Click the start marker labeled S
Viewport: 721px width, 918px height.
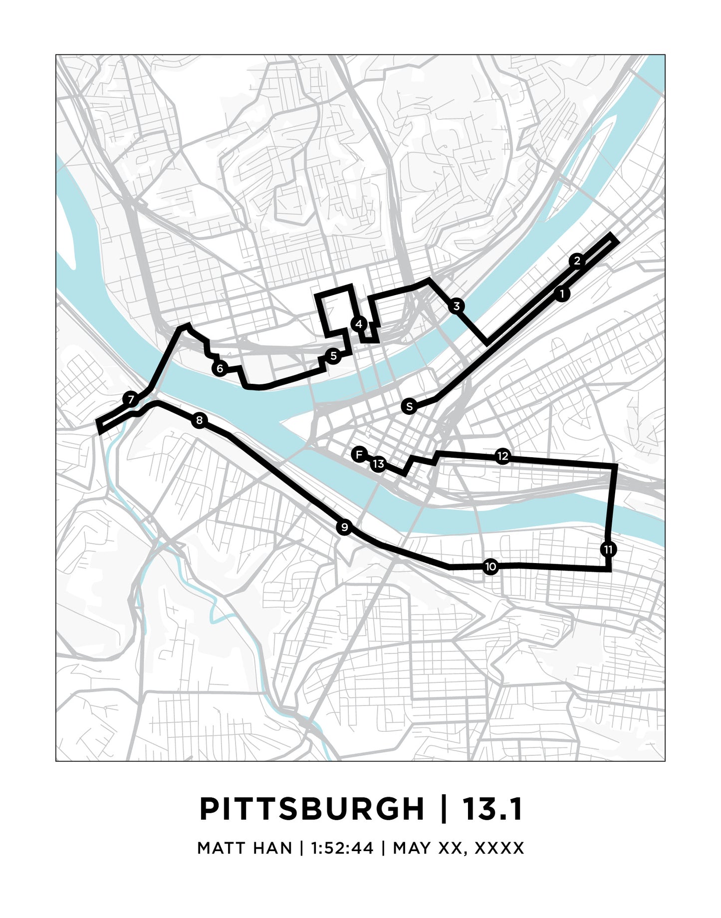(409, 407)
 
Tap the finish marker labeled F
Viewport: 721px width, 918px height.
(359, 455)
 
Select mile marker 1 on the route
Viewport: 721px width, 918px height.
(562, 294)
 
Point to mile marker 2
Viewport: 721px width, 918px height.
(577, 261)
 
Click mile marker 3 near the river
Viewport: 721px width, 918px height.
(456, 306)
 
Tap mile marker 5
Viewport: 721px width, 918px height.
(333, 356)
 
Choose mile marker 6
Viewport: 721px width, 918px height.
(220, 369)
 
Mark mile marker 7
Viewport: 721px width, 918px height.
(130, 399)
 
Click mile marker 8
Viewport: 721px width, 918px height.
(199, 421)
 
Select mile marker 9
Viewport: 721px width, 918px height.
(344, 527)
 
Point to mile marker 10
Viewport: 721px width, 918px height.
(490, 567)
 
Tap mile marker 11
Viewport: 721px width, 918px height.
(608, 550)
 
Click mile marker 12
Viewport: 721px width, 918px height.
(502, 456)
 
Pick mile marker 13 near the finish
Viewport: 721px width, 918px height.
(378, 464)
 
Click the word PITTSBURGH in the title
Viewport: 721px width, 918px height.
(312, 809)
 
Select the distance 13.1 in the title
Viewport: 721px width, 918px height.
(492, 809)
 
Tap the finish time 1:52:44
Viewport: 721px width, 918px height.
(342, 848)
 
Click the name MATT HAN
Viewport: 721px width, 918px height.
(244, 848)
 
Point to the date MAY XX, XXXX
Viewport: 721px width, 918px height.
(458, 848)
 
